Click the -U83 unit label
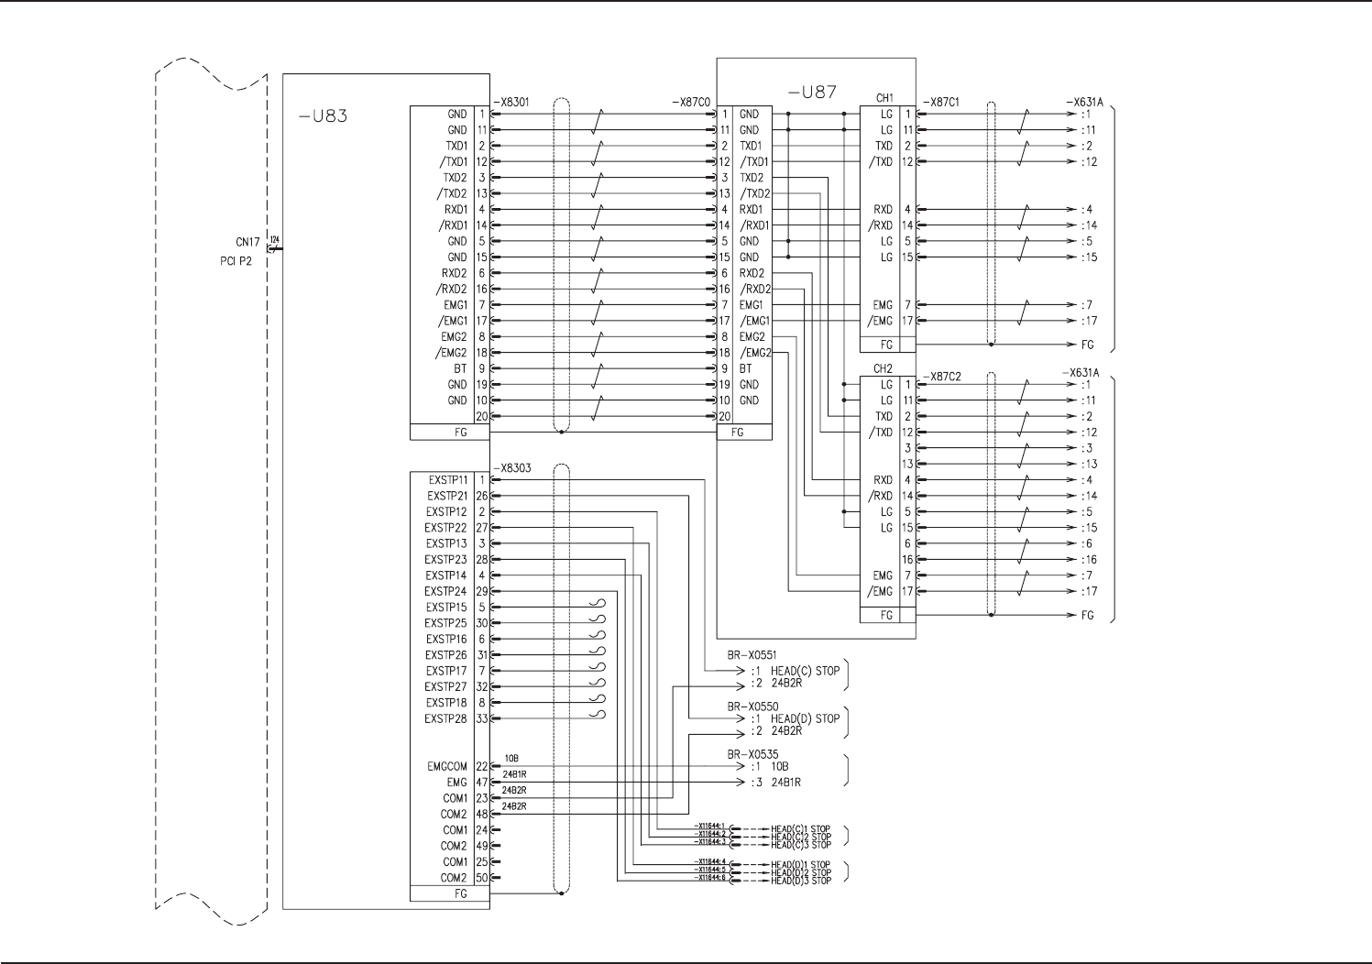pos(324,116)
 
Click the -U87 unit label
pos(812,92)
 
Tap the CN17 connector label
pos(247,243)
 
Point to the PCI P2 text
pos(236,261)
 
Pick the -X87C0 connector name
pos(692,102)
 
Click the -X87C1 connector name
pos(941,102)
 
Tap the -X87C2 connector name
pos(941,377)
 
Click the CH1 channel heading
pos(884,98)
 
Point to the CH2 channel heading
pos(884,369)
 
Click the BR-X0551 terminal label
pos(752,655)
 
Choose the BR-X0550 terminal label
pos(752,707)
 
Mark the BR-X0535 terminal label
pos(752,754)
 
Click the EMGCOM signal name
pos(447,767)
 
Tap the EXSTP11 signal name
pos(447,480)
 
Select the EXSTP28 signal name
pos(446,719)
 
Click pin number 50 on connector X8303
pos(482,878)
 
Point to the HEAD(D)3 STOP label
pos(801,881)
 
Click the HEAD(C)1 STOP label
pos(801,829)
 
